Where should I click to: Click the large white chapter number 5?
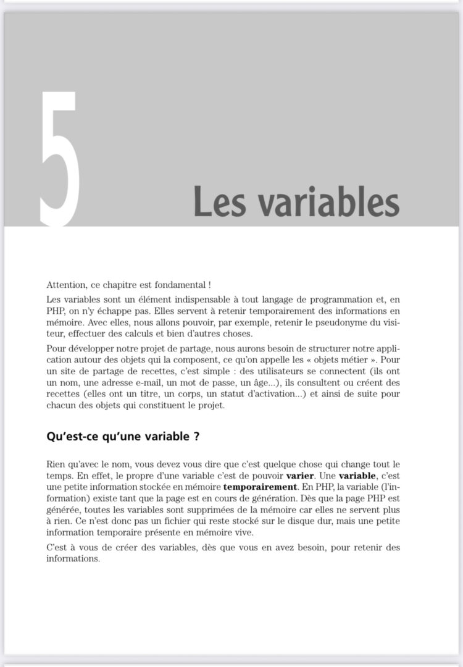(x=60, y=157)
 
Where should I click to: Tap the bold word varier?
(x=301, y=476)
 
